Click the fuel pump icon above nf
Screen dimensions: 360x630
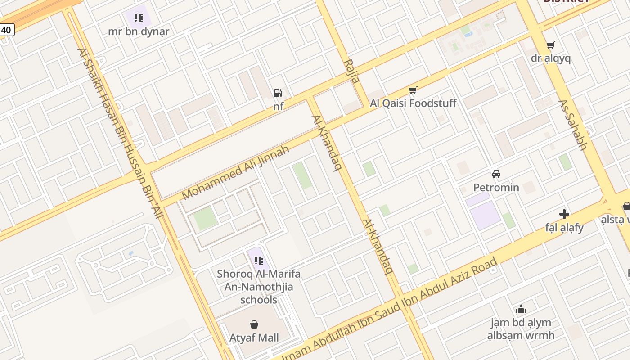click(278, 93)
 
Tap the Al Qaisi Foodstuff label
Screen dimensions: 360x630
click(413, 103)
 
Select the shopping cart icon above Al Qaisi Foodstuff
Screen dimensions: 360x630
click(413, 90)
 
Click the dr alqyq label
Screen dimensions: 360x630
click(550, 58)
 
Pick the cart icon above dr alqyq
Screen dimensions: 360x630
click(550, 45)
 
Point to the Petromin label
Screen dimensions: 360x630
click(496, 187)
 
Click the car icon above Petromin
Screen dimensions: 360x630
click(496, 174)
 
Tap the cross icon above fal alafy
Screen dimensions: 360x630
click(564, 214)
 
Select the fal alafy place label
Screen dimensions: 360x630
click(564, 228)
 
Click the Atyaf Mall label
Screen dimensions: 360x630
click(254, 337)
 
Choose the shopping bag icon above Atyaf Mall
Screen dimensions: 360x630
click(254, 324)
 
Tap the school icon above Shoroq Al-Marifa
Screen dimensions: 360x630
click(258, 260)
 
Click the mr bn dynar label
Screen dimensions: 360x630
click(139, 31)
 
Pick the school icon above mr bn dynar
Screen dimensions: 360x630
click(139, 18)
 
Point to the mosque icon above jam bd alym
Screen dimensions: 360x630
click(521, 309)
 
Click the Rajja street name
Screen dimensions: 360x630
click(351, 71)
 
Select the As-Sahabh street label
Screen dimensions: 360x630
click(573, 125)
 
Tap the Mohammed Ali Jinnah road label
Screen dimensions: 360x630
click(235, 173)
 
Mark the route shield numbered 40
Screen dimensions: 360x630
click(6, 30)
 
